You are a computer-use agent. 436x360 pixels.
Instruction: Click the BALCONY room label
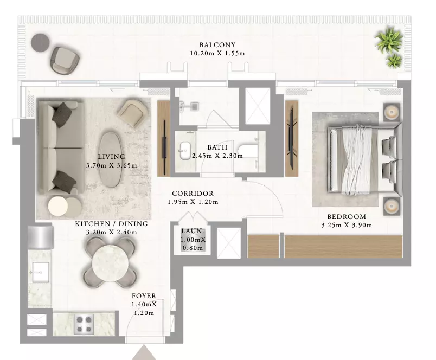pyautogui.click(x=217, y=45)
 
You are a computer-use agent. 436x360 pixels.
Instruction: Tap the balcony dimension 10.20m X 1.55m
pyautogui.click(x=217, y=53)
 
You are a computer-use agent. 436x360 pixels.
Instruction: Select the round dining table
pyautogui.click(x=111, y=263)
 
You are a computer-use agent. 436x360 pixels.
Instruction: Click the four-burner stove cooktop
pyautogui.click(x=84, y=324)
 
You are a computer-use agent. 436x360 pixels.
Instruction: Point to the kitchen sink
pyautogui.click(x=41, y=272)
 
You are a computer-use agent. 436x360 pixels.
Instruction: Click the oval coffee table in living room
pyautogui.click(x=111, y=158)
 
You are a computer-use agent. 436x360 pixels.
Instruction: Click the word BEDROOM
pyautogui.click(x=347, y=216)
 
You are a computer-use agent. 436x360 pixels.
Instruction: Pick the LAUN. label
pyautogui.click(x=193, y=231)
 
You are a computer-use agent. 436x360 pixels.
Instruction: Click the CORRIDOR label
pyautogui.click(x=193, y=194)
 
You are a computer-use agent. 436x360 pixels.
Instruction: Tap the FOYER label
pyautogui.click(x=144, y=296)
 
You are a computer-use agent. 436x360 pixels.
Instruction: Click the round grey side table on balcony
pyautogui.click(x=40, y=42)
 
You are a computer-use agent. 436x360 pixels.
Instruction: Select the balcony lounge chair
pyautogui.click(x=65, y=61)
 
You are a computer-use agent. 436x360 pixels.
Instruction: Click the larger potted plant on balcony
pyautogui.click(x=388, y=40)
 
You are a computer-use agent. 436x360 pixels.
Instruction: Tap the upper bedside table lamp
pyautogui.click(x=392, y=112)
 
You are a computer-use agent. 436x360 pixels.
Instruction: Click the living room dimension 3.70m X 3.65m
pyautogui.click(x=112, y=166)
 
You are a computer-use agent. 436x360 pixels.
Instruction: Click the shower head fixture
pyautogui.click(x=195, y=106)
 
